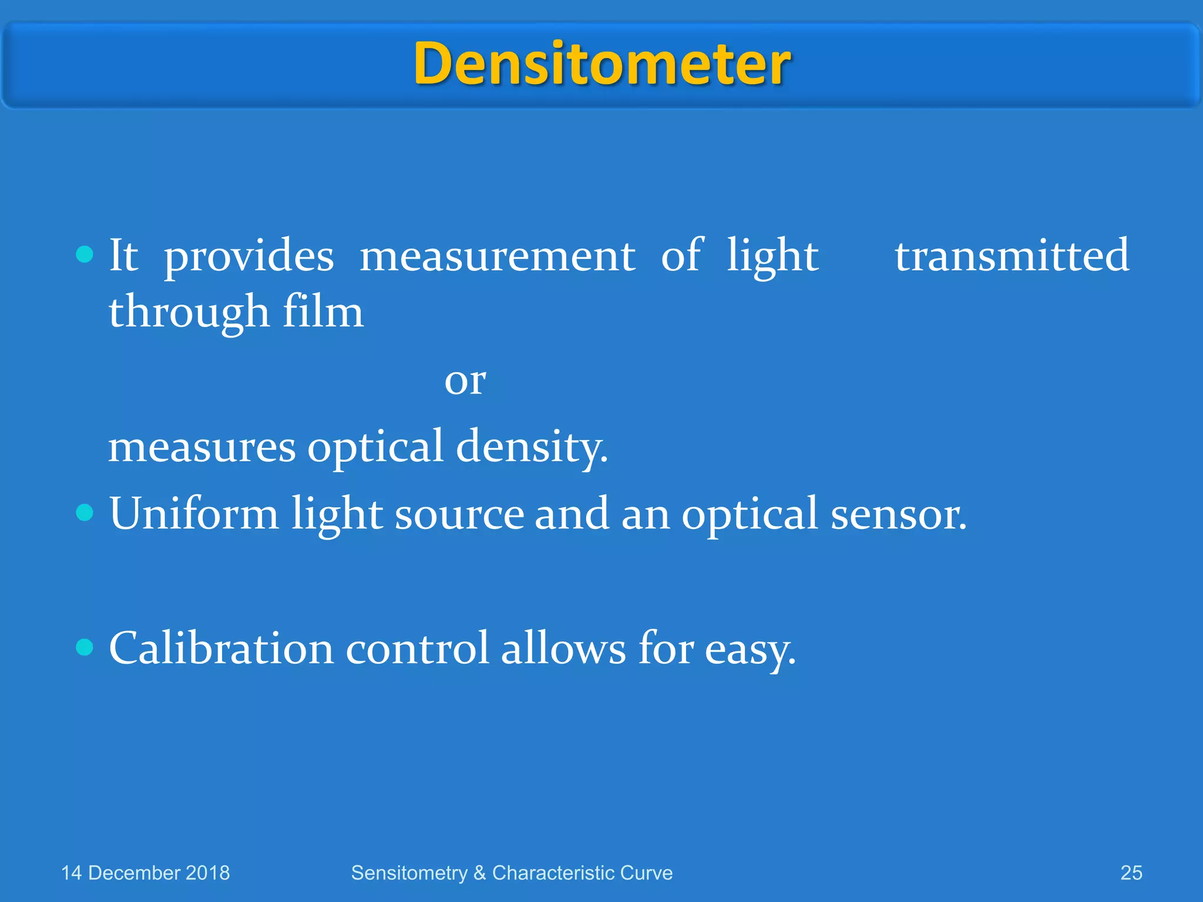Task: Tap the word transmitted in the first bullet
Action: tap(1012, 255)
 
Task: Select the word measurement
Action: tap(497, 257)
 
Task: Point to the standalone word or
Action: tap(465, 382)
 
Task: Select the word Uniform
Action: tap(194, 513)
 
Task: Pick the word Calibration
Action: tap(221, 648)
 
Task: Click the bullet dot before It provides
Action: tap(85, 254)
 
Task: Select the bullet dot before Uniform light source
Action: tap(85, 513)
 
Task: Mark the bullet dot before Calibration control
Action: tap(85, 647)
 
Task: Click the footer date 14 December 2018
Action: tap(145, 873)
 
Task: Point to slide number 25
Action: tap(1131, 873)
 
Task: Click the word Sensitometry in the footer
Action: tap(409, 873)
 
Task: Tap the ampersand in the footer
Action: tap(479, 873)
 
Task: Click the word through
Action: tap(189, 313)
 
